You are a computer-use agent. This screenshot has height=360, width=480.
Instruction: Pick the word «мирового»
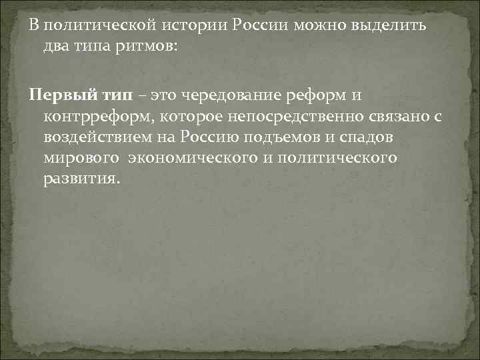tap(73, 160)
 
